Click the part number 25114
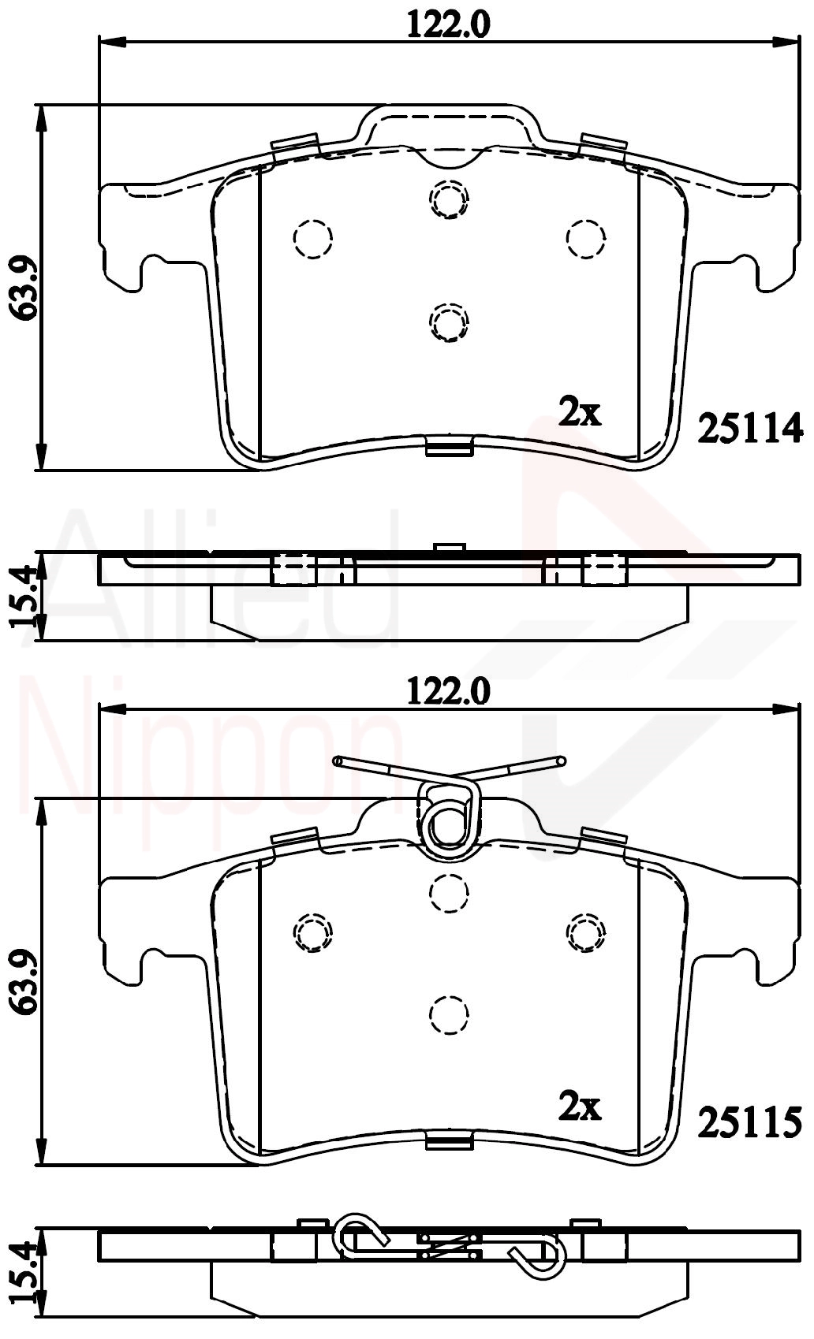tap(750, 428)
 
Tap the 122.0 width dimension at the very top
tap(448, 25)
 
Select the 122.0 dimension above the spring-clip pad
tap(448, 692)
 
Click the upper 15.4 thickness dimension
tap(24, 597)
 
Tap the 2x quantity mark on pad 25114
tap(580, 412)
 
